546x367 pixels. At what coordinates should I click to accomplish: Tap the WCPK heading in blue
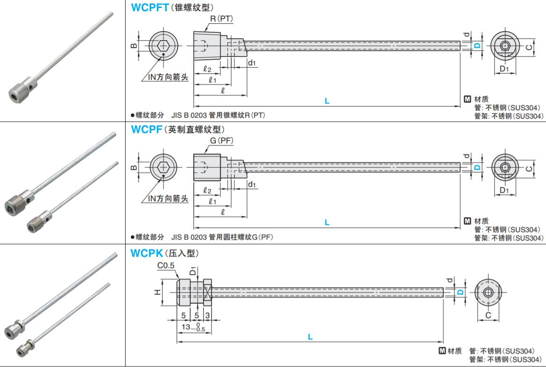(147, 254)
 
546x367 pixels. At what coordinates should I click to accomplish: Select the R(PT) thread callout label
(222, 19)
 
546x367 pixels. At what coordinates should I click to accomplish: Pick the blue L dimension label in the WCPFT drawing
(327, 100)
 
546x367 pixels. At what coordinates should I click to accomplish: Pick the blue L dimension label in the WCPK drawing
(310, 336)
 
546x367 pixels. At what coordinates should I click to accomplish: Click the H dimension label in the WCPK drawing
(158, 292)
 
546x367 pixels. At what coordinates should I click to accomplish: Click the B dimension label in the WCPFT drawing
(133, 45)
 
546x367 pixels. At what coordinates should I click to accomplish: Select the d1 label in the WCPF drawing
(252, 185)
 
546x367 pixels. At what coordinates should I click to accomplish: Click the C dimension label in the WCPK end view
(488, 316)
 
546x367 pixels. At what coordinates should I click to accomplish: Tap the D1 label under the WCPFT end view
(504, 69)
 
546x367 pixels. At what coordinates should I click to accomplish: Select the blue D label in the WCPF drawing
(477, 167)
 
